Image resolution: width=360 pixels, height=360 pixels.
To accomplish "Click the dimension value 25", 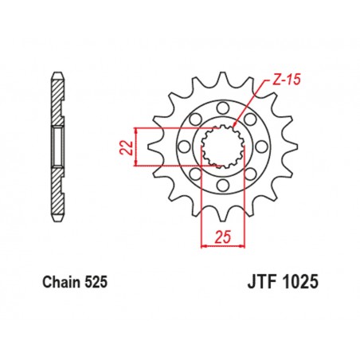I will [x=222, y=237].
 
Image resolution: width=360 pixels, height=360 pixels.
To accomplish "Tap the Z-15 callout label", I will [x=268, y=80].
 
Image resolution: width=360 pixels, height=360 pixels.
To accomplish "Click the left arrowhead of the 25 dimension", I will [x=204, y=245].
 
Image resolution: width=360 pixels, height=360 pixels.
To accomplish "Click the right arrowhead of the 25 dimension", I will [x=241, y=245].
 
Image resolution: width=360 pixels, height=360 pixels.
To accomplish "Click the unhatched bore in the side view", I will [x=58, y=145].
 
